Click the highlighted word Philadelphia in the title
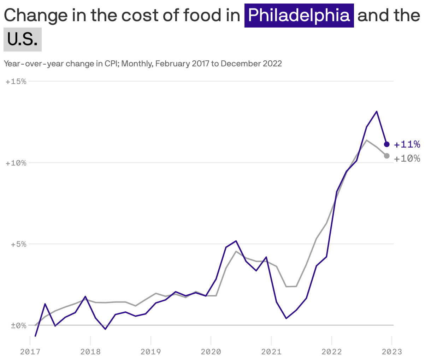299,15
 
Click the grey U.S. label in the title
22,40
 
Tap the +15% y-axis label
16,82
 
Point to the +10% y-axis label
16,163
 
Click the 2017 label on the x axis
30,352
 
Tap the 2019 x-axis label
151,352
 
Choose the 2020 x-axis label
211,352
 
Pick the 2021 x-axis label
271,352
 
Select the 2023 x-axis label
392,352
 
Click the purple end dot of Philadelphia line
386,144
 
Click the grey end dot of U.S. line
386,156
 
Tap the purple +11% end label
407,144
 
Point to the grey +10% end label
407,158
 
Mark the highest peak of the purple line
377,112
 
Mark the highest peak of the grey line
367,140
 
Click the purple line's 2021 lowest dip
286,318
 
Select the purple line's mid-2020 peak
236,241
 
